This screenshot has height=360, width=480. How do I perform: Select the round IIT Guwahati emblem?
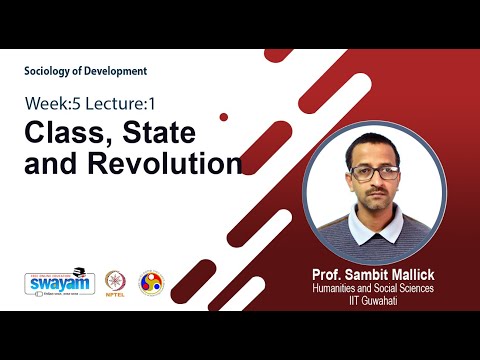[x=150, y=283]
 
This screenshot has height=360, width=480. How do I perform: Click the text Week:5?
[x=53, y=103]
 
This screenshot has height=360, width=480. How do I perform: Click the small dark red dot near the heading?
[x=223, y=117]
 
